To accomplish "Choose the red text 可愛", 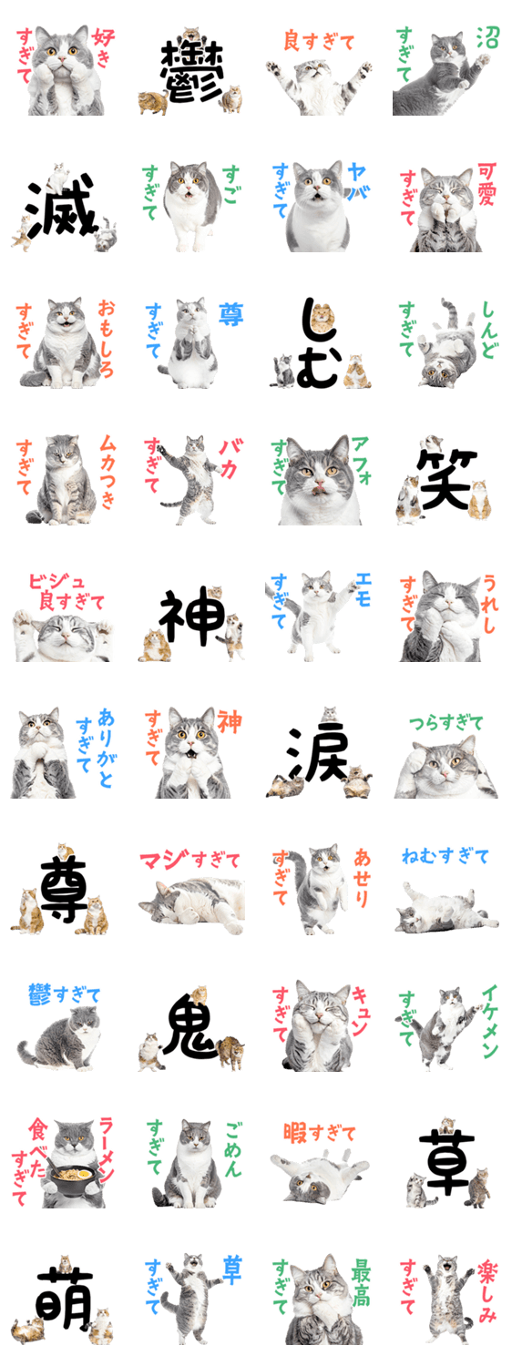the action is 486,183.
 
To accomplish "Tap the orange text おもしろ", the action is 106,337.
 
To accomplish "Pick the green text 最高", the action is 361,1283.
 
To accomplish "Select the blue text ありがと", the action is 106,747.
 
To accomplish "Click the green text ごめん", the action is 233,1149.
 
